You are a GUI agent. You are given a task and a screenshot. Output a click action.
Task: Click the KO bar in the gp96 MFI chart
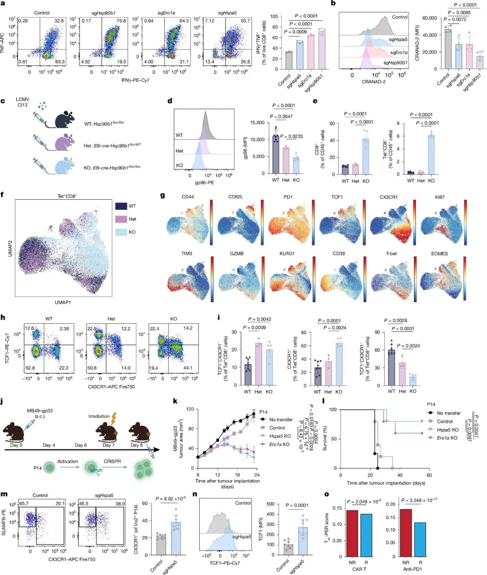pyautogui.click(x=296, y=165)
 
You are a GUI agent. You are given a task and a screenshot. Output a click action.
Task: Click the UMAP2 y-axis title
pyautogui.click(x=9, y=248)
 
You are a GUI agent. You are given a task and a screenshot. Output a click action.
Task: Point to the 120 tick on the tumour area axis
pyautogui.click(x=190, y=409)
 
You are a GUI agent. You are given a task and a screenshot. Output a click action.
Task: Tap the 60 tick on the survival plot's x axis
pyautogui.click(x=429, y=475)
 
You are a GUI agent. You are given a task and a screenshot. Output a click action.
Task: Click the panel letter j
pyautogui.click(x=3, y=400)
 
